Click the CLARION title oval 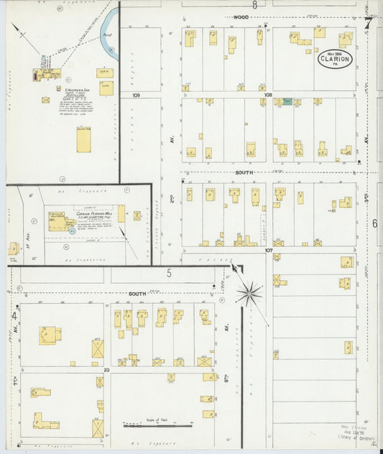click(x=336, y=59)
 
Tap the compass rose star click(x=249, y=292)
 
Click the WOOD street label click(x=241, y=16)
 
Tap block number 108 click(x=267, y=95)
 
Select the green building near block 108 click(x=287, y=102)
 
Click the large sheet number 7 click(x=368, y=22)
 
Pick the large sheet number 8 click(x=254, y=4)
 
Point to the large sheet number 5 click(x=170, y=272)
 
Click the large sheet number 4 click(x=14, y=315)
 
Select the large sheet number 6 click(x=374, y=223)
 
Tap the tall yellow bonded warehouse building click(x=83, y=139)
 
